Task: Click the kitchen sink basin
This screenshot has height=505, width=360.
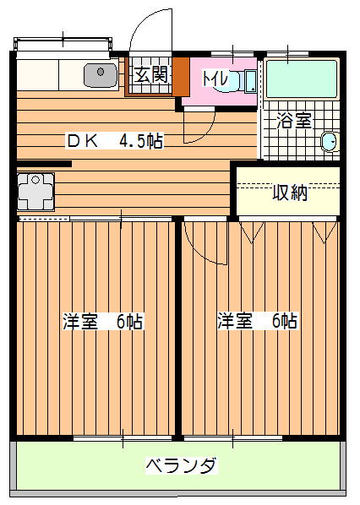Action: pos(101,75)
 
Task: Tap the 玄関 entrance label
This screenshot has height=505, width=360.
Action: pos(150,75)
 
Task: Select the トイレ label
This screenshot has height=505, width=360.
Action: pos(215,79)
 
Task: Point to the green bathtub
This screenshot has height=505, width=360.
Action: pos(302,79)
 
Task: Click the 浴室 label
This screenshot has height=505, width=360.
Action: pos(294,121)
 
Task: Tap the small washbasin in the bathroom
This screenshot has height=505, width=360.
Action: pos(330,141)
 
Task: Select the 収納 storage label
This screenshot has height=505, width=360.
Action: pos(290,193)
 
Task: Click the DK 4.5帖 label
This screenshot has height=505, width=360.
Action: pos(115,141)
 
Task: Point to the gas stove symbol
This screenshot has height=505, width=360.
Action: pos(35,192)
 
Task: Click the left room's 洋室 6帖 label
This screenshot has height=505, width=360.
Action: pos(103,321)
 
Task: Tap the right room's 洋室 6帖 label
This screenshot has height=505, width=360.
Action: pos(258,320)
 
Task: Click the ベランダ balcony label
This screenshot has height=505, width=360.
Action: pos(181,465)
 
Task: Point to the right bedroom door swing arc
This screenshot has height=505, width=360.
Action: pos(199,252)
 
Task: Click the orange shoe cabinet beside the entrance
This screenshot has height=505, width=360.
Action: pos(181,77)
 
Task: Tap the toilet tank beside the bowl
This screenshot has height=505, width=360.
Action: pos(250,81)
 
